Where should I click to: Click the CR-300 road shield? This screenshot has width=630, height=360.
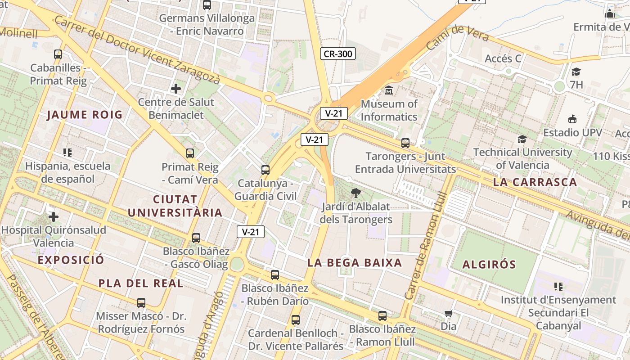pos(338,54)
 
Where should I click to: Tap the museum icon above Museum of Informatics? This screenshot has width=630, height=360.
pos(389,90)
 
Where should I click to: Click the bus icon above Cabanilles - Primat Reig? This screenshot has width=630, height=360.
pos(58,54)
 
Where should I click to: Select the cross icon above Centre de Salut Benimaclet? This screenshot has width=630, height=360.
pos(176,88)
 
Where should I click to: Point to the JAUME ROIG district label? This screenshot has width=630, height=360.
pos(85,115)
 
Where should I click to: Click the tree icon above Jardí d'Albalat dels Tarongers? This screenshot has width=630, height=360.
pos(356,193)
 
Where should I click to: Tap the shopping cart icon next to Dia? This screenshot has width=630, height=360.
pos(448,314)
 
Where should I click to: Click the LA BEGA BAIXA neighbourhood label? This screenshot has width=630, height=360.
pos(355,263)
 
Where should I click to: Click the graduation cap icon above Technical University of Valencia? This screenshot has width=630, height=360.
pos(522,139)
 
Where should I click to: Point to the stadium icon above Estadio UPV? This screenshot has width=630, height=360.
pos(572,119)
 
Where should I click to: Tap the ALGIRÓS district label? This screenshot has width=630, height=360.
pos(489,264)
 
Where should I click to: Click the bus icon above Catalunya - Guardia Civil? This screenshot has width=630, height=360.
pos(265,170)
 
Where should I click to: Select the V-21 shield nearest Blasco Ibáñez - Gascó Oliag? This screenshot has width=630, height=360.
pos(251,232)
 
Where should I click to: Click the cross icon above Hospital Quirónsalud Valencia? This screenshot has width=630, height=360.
pos(54,217)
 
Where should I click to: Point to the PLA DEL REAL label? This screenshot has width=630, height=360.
pos(141,283)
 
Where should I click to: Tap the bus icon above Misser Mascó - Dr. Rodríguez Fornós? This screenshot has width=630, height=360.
pos(141,303)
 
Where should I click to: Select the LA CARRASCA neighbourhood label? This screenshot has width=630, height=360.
pos(535,182)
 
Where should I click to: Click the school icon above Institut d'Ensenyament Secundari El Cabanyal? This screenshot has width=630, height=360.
pos(558,287)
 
